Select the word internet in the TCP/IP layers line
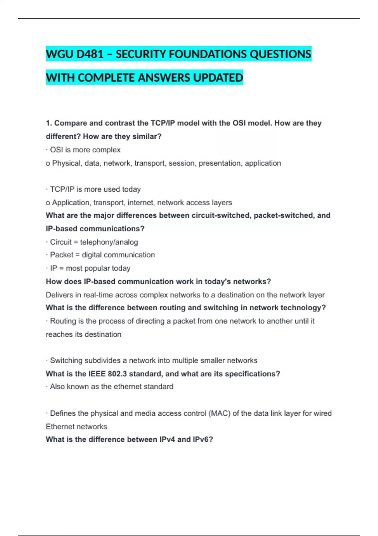tap(140, 202)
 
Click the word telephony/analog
tap(109, 242)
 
